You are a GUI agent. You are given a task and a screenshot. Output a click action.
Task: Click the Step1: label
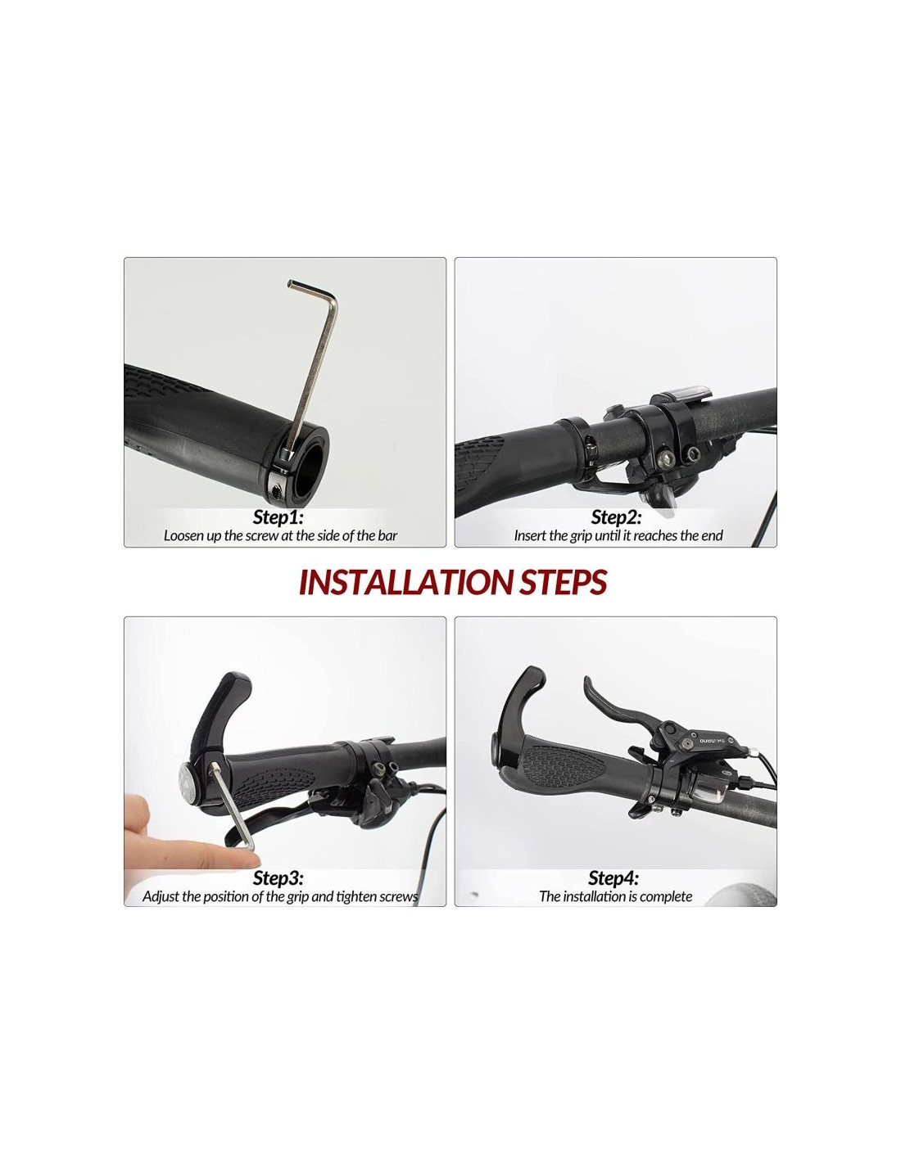click(278, 517)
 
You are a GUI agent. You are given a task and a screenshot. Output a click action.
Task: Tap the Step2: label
click(616, 517)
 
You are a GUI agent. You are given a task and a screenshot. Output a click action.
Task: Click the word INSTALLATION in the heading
click(407, 582)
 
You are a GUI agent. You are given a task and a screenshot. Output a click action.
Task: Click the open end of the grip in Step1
click(304, 463)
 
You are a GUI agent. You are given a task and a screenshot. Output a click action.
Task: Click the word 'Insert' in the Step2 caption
click(530, 535)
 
